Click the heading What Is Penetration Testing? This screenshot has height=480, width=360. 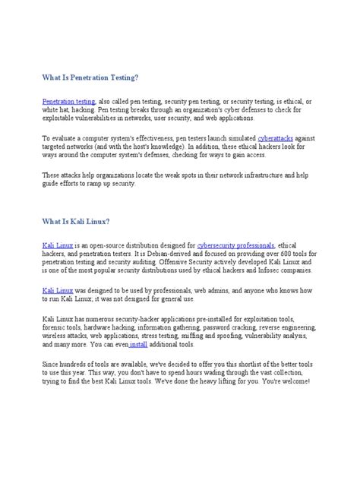coord(90,77)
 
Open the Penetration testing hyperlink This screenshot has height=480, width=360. coord(68,101)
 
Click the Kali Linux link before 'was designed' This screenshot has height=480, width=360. coord(58,290)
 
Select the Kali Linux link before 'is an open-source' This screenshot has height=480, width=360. coord(58,246)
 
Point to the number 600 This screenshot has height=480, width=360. coord(274,254)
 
